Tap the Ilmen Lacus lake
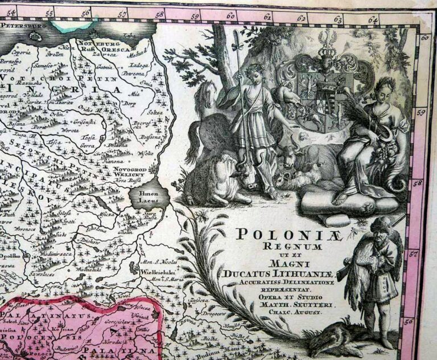coord(149,198)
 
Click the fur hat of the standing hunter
coord(378,223)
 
